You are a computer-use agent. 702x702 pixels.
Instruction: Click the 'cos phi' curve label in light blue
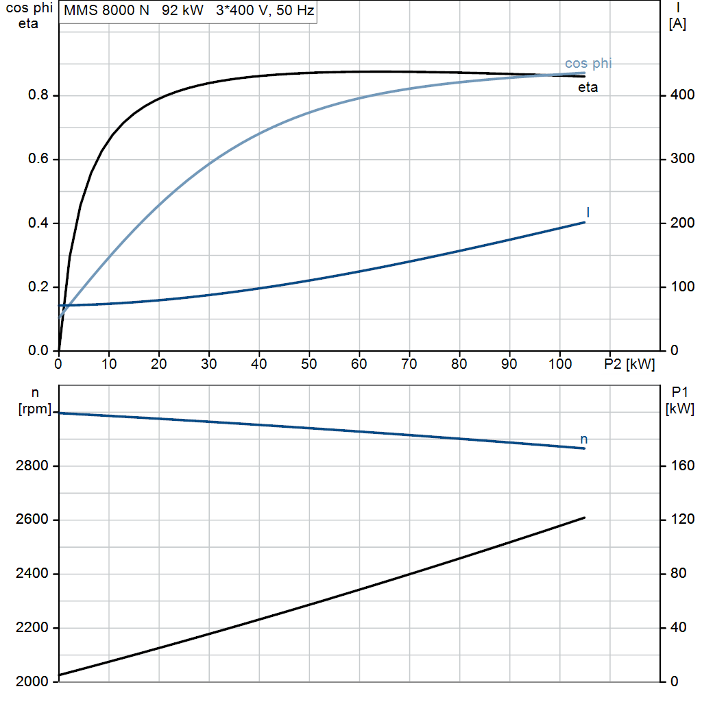(588, 63)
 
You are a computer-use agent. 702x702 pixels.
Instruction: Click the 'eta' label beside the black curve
(588, 87)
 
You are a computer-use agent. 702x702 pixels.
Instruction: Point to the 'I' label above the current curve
(588, 213)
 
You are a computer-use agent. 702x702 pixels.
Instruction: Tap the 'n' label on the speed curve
(584, 439)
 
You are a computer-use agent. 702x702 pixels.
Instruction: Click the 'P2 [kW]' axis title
(629, 364)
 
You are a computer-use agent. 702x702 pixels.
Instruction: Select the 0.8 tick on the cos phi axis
(38, 95)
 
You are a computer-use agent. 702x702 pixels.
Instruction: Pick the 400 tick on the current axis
(682, 95)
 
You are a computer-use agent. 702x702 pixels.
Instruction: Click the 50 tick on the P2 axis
(309, 363)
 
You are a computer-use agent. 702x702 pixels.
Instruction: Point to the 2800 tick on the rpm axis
(32, 465)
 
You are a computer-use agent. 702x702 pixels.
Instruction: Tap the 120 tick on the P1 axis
(682, 520)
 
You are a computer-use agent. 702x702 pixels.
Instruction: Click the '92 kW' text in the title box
(182, 10)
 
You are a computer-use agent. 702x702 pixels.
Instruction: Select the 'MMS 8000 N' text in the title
(106, 10)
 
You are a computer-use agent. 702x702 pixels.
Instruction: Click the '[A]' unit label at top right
(677, 23)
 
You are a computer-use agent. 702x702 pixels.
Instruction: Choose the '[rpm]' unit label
(35, 409)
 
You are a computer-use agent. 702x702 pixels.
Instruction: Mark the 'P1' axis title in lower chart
(679, 392)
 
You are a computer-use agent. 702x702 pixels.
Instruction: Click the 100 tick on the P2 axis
(559, 363)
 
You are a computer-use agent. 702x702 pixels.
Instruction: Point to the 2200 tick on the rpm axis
(32, 628)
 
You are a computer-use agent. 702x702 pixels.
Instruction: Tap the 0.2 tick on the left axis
(38, 287)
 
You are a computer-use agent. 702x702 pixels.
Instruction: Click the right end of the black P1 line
(584, 518)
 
